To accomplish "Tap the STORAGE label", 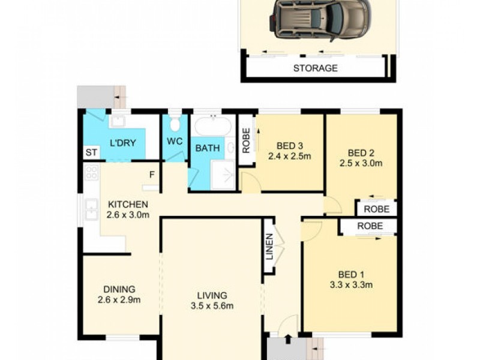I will pyautogui.click(x=315, y=68).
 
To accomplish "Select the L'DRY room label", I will pyautogui.click(x=122, y=143).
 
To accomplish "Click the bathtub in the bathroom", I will pyautogui.click(x=212, y=125).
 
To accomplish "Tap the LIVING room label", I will pyautogui.click(x=212, y=295).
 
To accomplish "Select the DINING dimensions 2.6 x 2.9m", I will pyautogui.click(x=119, y=299).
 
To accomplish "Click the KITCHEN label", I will pyautogui.click(x=128, y=204).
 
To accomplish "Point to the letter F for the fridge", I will pyautogui.click(x=152, y=175).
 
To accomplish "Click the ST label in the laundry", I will pyautogui.click(x=91, y=152).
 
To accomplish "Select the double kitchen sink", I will pyautogui.click(x=91, y=209).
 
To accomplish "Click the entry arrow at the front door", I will pyautogui.click(x=288, y=339).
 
